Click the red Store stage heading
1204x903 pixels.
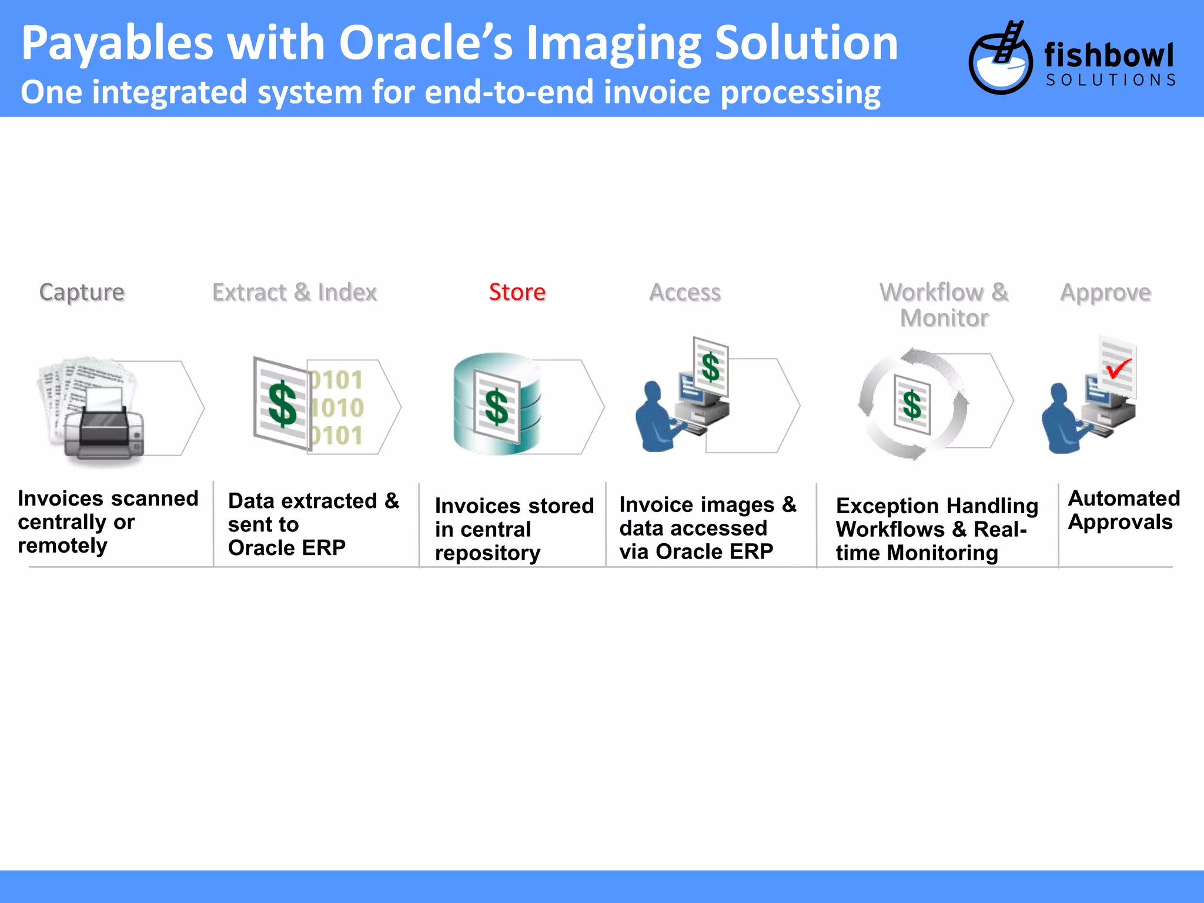click(x=517, y=292)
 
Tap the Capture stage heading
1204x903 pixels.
click(x=82, y=293)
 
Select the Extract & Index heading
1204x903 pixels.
click(x=295, y=292)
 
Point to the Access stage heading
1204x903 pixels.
click(x=685, y=292)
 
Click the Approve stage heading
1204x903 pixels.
click(x=1105, y=293)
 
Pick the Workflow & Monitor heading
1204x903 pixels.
click(x=944, y=305)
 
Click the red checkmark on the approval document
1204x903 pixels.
click(x=1118, y=369)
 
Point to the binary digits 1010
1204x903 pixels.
click(x=337, y=407)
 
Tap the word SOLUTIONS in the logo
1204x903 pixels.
click(x=1111, y=80)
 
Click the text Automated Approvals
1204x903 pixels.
click(x=1123, y=510)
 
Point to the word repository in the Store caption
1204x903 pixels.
click(x=487, y=553)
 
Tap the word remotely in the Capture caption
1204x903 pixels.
click(x=63, y=546)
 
